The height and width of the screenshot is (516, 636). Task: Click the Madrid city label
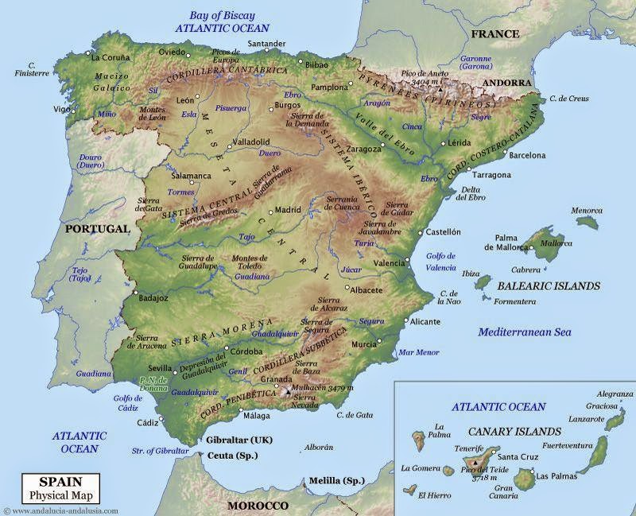tap(288, 210)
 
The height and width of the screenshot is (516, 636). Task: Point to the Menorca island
tap(588, 221)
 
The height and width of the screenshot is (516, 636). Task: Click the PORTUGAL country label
tap(97, 228)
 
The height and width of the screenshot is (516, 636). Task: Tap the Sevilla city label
tap(160, 368)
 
